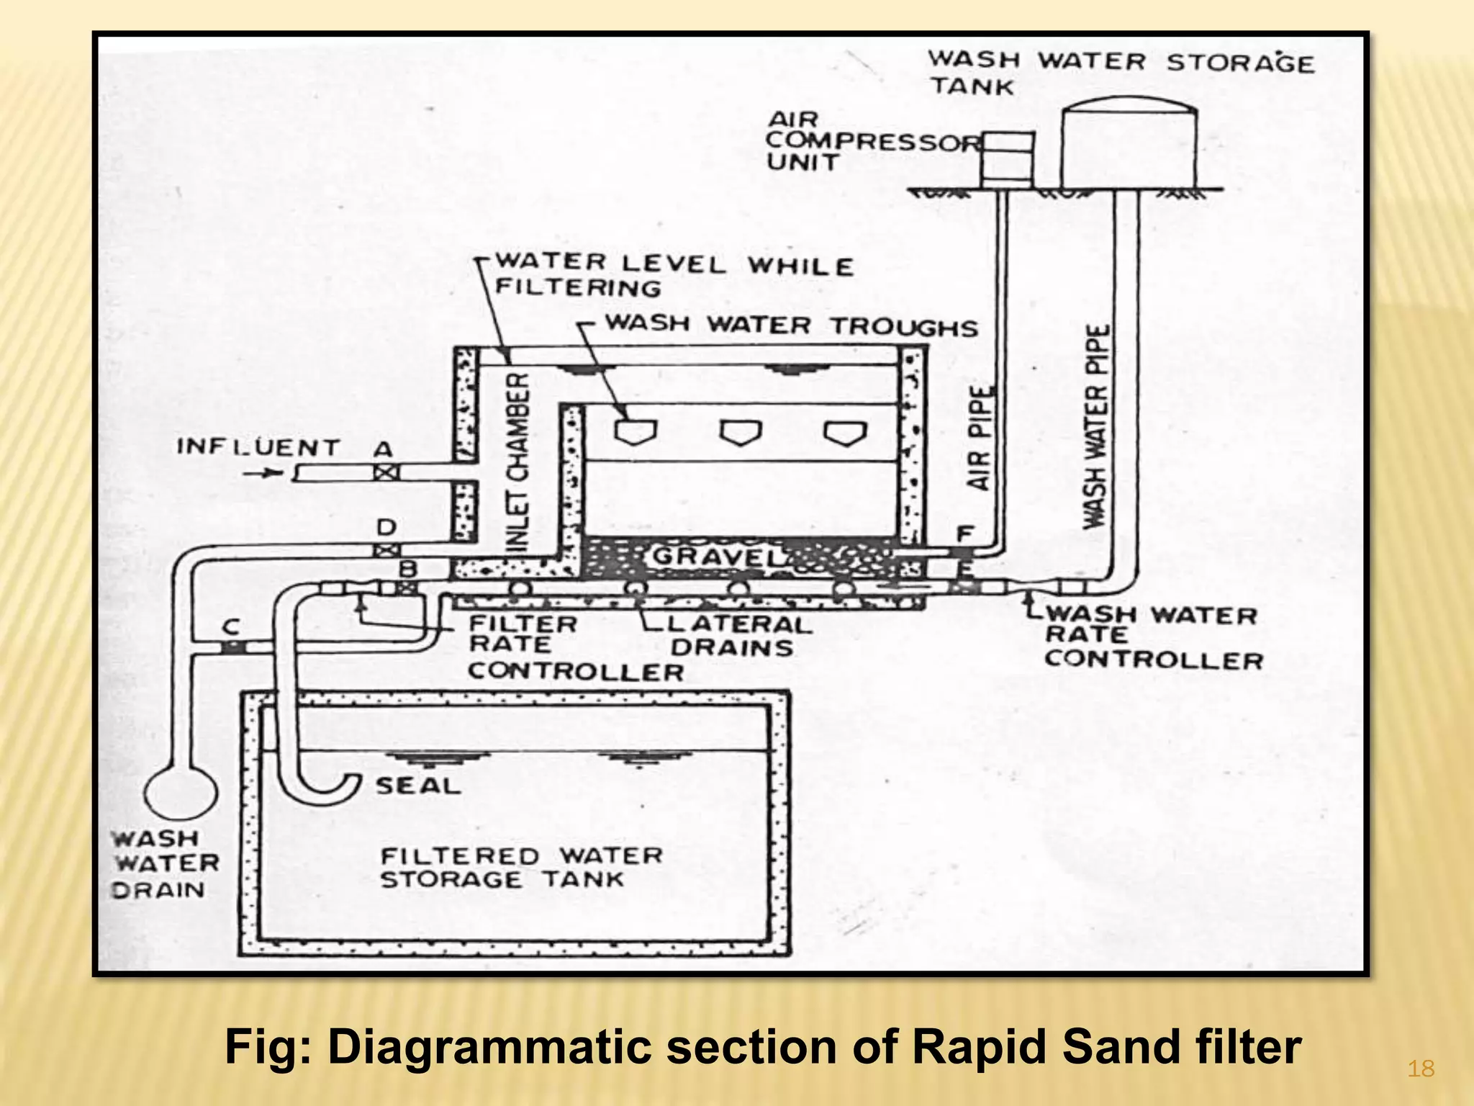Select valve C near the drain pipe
[x=232, y=647]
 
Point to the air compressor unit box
[x=1008, y=157]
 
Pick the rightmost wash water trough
[x=846, y=432]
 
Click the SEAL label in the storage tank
[x=418, y=786]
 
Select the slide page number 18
[x=1421, y=1069]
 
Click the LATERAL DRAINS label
[x=734, y=635]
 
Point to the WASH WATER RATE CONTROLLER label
[x=1152, y=637]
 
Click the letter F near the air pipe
[x=964, y=534]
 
